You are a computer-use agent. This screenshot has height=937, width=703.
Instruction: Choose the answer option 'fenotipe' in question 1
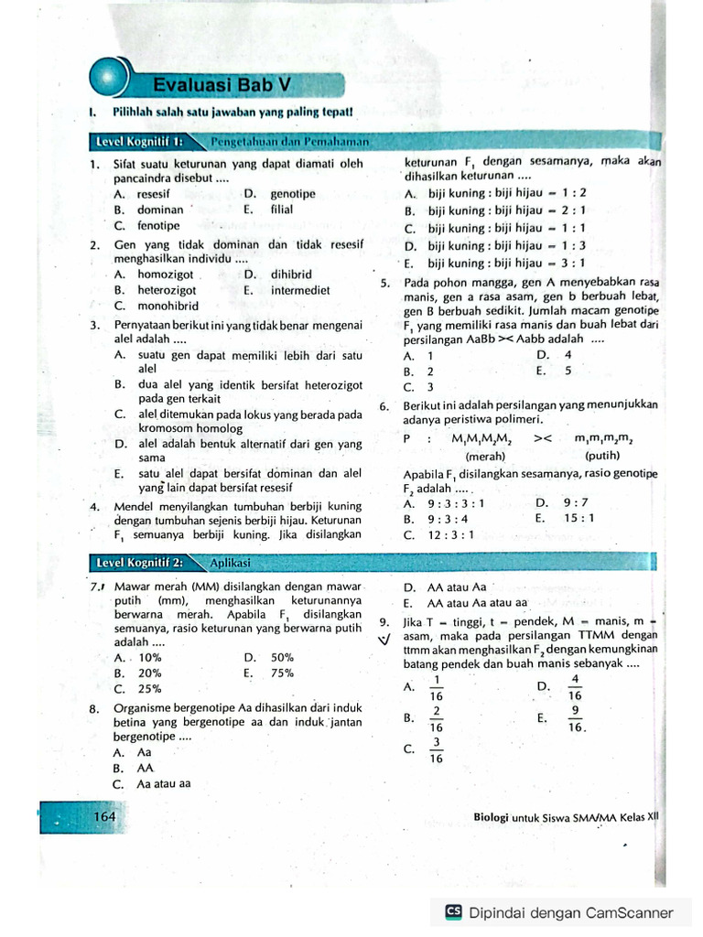tap(158, 226)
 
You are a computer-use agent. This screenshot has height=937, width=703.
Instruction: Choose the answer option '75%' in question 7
tap(282, 673)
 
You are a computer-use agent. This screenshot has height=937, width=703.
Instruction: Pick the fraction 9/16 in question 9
tap(575, 718)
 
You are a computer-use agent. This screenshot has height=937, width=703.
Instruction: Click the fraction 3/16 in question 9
tap(437, 749)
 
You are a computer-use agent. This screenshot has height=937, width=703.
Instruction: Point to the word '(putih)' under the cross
tap(602, 456)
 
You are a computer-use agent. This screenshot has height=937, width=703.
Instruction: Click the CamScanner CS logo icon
tap(453, 911)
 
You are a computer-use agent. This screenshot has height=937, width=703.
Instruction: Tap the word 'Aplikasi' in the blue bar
tap(229, 563)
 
